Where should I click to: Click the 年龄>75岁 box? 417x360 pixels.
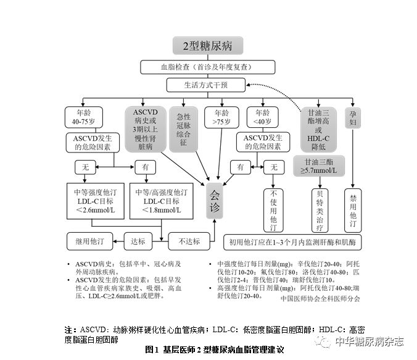[x=222, y=117]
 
